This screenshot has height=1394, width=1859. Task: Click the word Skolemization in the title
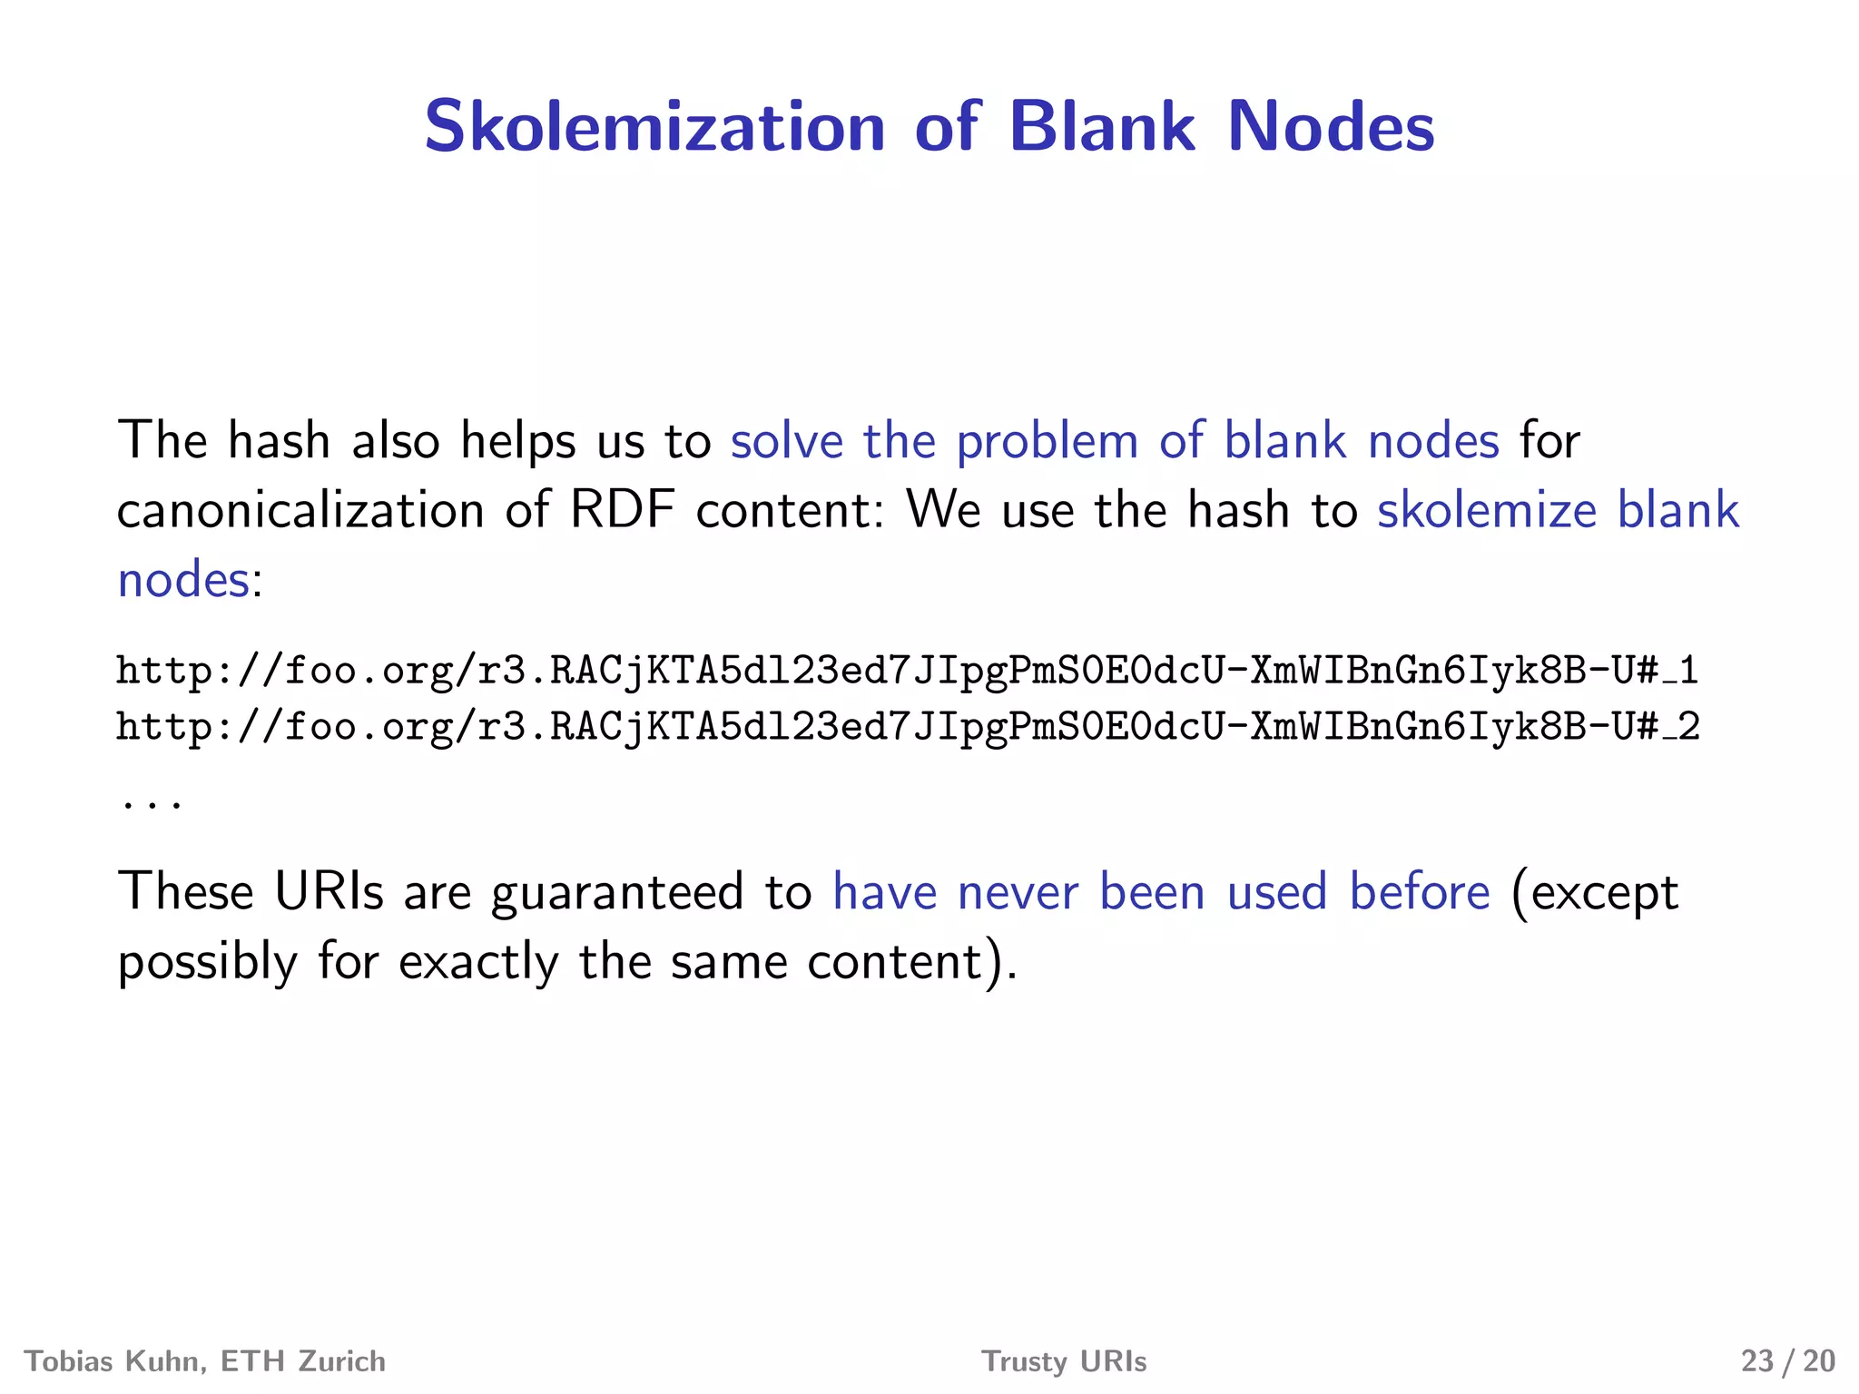click(654, 126)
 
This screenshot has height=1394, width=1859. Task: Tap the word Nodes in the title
click(1331, 126)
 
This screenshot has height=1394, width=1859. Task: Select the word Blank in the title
click(1102, 126)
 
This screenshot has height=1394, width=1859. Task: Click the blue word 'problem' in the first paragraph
click(1048, 442)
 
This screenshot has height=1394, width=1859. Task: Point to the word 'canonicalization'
click(300, 510)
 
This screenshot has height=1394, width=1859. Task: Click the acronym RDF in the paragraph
click(622, 510)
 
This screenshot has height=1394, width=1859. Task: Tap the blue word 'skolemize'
click(1487, 510)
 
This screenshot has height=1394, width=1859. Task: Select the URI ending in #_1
click(908, 671)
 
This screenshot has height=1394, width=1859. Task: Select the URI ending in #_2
click(908, 727)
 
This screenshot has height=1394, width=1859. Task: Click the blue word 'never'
click(1018, 892)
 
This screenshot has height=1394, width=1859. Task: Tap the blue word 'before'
click(1420, 892)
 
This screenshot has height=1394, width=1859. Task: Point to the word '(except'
click(1595, 893)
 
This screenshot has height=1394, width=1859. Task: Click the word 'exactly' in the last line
click(478, 962)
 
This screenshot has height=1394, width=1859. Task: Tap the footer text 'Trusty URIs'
click(1064, 1361)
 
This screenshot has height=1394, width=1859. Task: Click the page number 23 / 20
click(1787, 1361)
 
